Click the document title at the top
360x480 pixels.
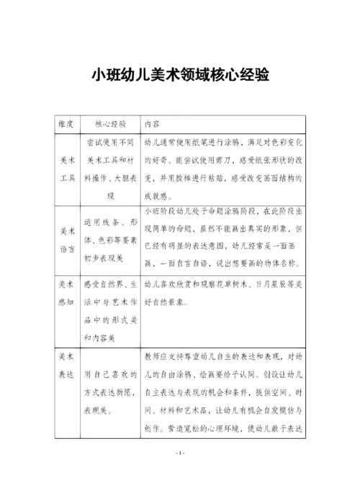click(180, 74)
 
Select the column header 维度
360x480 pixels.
click(66, 123)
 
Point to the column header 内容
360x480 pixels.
click(152, 123)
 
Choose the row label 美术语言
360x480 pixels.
click(66, 239)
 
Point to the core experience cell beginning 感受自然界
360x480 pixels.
click(110, 311)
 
